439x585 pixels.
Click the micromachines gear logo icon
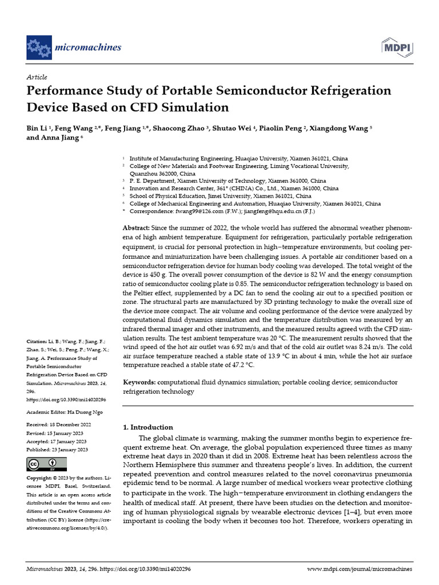(39, 47)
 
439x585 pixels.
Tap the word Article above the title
(37, 77)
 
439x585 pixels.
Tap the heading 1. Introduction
(148, 427)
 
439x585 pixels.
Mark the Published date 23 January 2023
(70, 450)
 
